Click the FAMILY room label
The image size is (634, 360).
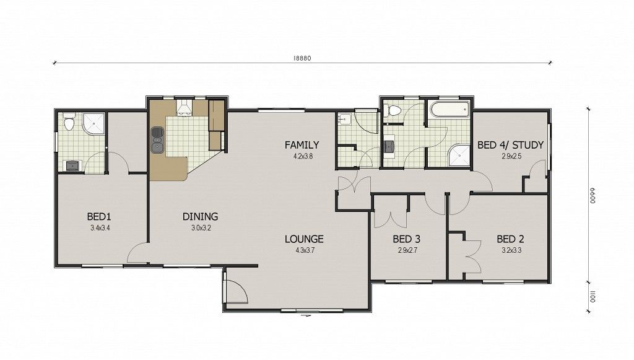[302, 145]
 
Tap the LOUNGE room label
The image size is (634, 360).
[304, 239]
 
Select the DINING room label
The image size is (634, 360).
[200, 216]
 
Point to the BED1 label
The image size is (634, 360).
[99, 216]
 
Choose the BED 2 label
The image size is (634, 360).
[511, 239]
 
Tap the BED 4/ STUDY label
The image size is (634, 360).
[510, 145]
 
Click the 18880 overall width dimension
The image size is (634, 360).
[302, 58]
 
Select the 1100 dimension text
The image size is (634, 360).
[593, 297]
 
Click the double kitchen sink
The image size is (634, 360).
[157, 140]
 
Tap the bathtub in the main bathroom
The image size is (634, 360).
[449, 110]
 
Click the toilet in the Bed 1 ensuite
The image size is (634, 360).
[69, 122]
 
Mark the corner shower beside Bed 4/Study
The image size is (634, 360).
[460, 155]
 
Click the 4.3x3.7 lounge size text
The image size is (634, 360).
[305, 250]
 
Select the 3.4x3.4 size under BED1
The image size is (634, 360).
[100, 228]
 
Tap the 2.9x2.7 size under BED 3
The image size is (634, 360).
[407, 250]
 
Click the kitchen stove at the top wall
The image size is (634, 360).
[184, 108]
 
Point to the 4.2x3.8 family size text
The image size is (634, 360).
[303, 156]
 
